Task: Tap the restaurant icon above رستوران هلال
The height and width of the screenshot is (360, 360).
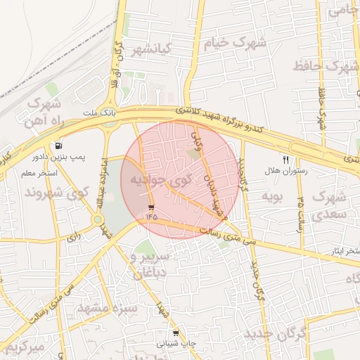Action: [285, 160]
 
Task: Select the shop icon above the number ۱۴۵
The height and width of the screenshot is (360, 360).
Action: [152, 207]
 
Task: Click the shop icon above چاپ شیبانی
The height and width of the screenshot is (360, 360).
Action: [175, 333]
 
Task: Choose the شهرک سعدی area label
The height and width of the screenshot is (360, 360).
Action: [331, 203]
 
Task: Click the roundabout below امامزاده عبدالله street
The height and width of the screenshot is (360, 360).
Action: [97, 220]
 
